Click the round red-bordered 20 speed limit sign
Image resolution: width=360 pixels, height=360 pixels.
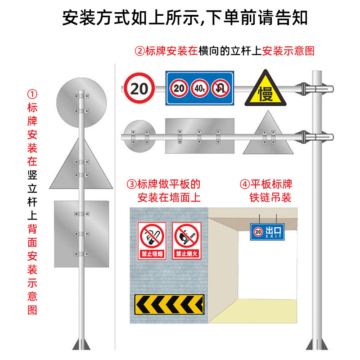[x=139, y=88]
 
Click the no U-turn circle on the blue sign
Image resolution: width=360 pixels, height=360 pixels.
[x=221, y=88]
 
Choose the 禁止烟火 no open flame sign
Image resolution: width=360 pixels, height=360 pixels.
[x=185, y=241]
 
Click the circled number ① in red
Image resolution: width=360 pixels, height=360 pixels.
[x=32, y=94]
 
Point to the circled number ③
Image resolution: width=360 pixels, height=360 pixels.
[x=131, y=184]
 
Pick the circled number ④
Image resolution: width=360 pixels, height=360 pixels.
[x=244, y=184]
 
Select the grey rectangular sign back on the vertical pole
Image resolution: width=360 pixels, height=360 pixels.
[x=81, y=233]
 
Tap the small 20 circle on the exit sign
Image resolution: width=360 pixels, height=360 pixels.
[x=258, y=232]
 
